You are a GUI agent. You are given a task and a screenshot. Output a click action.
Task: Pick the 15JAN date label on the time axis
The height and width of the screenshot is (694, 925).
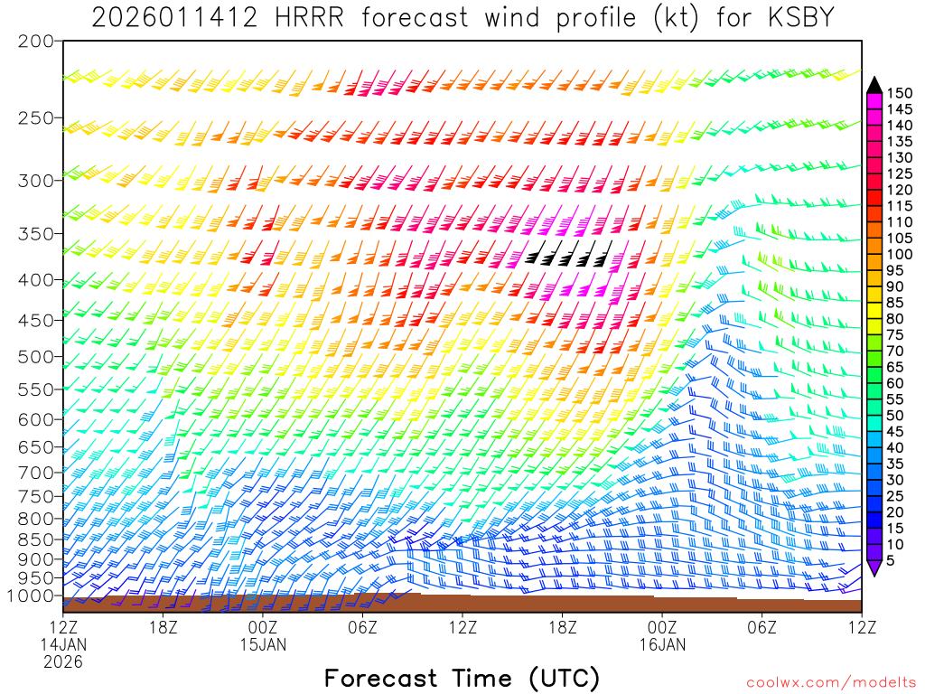[x=263, y=644]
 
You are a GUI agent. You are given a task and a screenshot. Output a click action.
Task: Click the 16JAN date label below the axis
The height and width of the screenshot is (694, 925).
[x=662, y=644]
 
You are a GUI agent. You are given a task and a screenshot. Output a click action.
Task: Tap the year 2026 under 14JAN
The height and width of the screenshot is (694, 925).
[x=62, y=661]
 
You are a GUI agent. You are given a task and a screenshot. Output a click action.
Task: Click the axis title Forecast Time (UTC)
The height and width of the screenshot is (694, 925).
[x=462, y=678]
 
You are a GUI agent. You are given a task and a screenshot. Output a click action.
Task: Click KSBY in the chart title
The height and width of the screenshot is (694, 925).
[x=798, y=17]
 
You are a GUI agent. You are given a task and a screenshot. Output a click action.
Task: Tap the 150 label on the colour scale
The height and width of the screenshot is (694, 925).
[x=900, y=93]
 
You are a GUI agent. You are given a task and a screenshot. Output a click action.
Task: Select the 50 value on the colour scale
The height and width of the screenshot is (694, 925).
[x=895, y=416]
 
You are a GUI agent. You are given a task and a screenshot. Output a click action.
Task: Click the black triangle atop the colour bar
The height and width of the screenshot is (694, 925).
[x=874, y=84]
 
